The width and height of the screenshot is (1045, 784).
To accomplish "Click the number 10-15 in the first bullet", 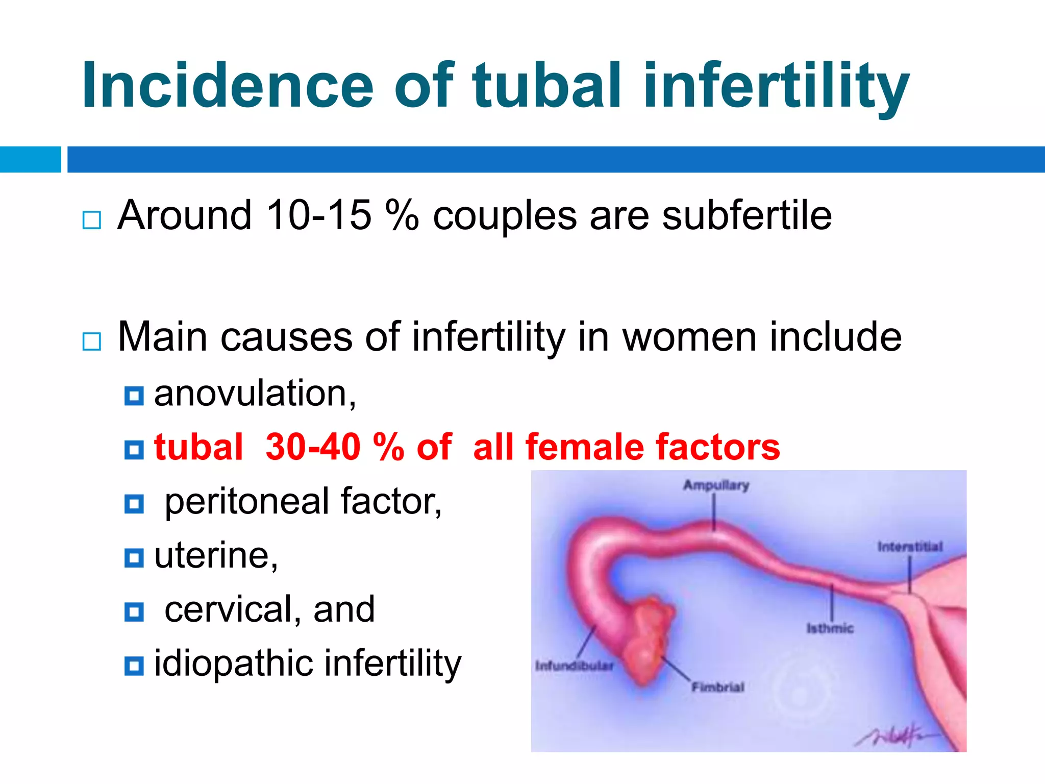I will point(318,215).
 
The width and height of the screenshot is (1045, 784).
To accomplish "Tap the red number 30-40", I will point(312,447).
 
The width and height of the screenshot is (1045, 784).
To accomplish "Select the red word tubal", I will point(198,447).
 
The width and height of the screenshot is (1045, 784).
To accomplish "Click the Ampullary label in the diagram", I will point(716,485).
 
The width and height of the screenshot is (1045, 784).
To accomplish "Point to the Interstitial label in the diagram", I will point(910,547).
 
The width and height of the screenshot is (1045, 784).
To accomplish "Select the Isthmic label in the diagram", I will point(830,628).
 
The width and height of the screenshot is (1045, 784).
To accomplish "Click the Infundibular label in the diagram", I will point(574,666).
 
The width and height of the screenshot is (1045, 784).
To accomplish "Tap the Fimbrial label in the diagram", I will point(718,687).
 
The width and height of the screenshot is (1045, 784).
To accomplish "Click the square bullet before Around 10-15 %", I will point(92,220).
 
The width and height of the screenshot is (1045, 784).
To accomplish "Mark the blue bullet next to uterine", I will point(134,557).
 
